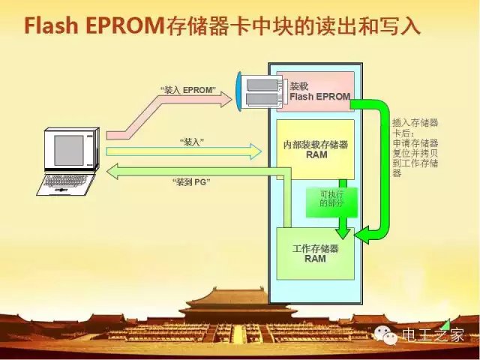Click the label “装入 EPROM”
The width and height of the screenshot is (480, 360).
[188, 90]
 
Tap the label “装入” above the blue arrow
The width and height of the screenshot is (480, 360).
[193, 141]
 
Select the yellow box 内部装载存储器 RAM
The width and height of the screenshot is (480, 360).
[316, 148]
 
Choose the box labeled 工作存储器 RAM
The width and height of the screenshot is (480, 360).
[315, 253]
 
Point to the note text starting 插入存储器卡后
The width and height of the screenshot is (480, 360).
[415, 147]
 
